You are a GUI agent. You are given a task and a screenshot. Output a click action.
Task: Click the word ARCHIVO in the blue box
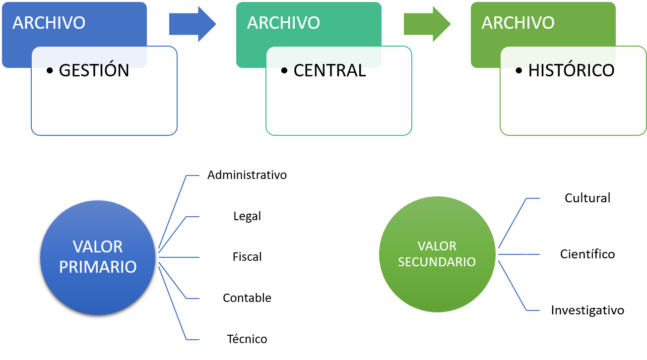[49, 23]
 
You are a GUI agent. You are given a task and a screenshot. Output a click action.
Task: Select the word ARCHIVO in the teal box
[283, 23]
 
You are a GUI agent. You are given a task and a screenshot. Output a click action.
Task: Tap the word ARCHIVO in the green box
[518, 23]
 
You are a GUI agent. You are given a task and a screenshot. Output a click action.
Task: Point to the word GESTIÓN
[94, 70]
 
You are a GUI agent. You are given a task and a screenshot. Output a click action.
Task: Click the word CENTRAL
[329, 70]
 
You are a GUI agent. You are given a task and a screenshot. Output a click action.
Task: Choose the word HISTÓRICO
[571, 70]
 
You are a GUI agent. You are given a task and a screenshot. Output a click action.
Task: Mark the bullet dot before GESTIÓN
[50, 71]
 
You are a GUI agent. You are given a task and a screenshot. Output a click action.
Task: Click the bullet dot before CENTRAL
[284, 71]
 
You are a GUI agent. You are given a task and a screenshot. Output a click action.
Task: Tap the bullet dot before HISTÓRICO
[519, 71]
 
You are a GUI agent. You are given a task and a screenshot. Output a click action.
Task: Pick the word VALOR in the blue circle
[98, 246]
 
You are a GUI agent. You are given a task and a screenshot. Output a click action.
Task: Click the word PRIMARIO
[98, 267]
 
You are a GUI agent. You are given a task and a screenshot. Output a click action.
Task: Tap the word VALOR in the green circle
[437, 246]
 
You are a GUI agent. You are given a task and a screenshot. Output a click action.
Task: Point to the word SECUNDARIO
[437, 262]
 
